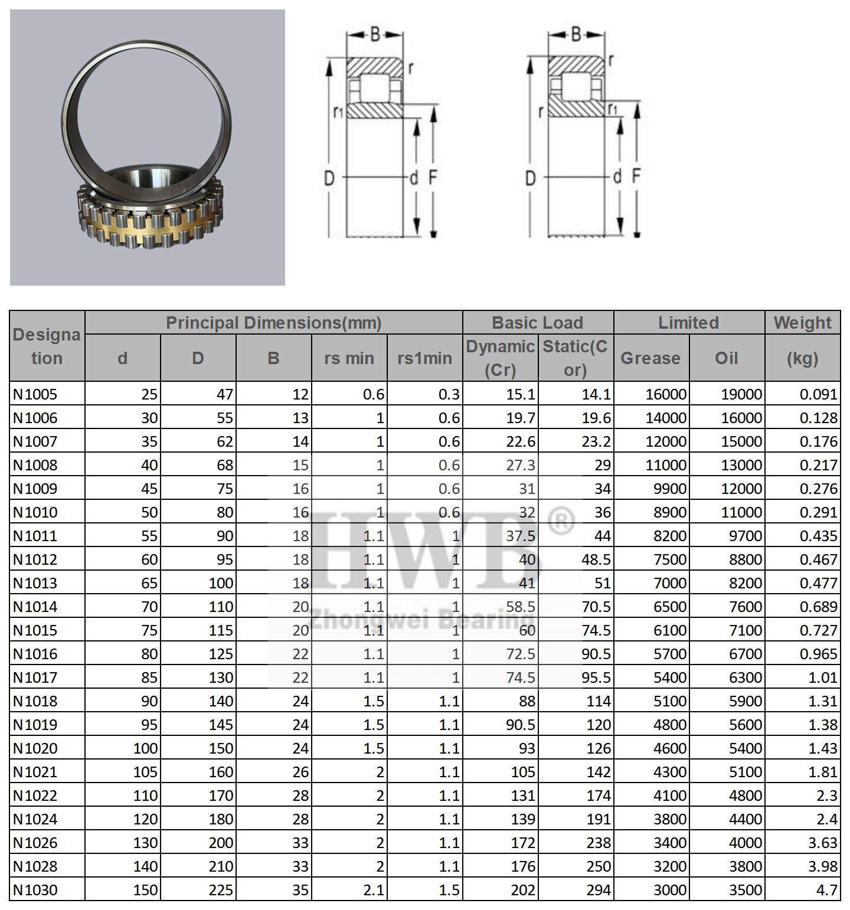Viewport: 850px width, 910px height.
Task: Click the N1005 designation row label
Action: (x=35, y=394)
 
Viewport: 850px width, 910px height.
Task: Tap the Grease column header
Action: (x=650, y=358)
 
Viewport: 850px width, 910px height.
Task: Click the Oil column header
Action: (x=726, y=358)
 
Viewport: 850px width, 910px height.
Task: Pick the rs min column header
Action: (x=349, y=358)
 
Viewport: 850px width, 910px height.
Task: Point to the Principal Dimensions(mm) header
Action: (x=273, y=323)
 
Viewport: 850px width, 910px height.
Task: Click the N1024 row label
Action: (x=35, y=819)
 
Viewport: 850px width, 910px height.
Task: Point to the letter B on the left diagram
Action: (x=375, y=35)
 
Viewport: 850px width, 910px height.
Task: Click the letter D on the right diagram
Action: (x=530, y=178)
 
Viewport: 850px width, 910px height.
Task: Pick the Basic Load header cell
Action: (x=537, y=323)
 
